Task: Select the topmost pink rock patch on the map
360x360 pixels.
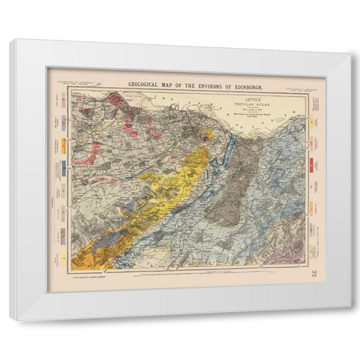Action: pos(116,99)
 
